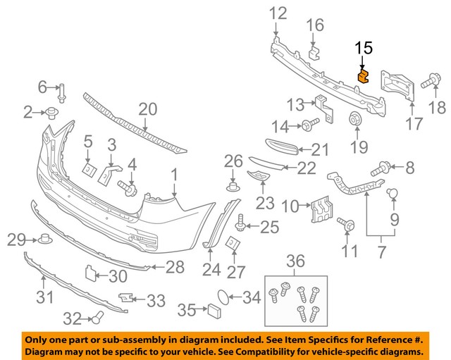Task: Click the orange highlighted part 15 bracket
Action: pyautogui.click(x=364, y=76)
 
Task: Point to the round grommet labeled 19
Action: pyautogui.click(x=354, y=118)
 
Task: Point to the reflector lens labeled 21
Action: pyautogui.click(x=272, y=148)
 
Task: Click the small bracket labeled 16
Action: pyautogui.click(x=314, y=51)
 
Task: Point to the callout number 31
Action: pyautogui.click(x=44, y=298)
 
